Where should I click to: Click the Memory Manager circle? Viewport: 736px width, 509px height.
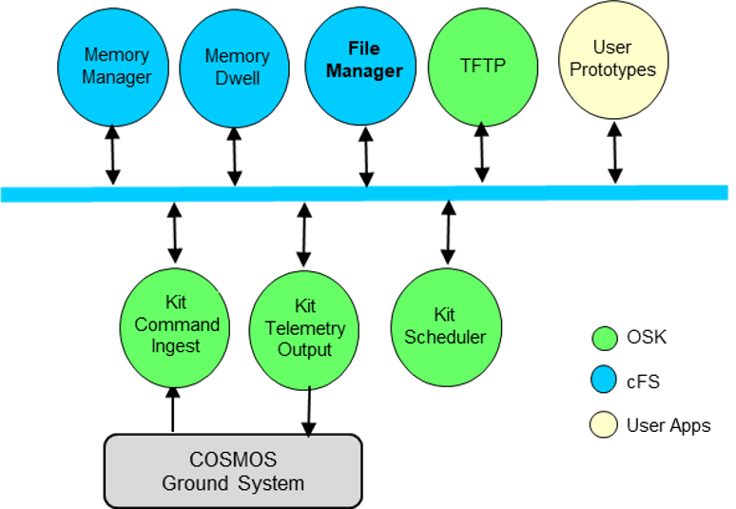tap(113, 66)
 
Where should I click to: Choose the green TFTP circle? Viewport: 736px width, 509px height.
tap(483, 66)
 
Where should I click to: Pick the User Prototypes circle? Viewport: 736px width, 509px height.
tap(612, 59)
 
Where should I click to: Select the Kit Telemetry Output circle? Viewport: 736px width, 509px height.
tap(304, 329)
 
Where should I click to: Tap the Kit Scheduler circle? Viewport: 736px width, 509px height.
tap(445, 325)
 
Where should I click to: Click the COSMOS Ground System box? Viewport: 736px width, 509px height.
tap(233, 471)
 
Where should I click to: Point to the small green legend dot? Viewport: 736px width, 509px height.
tap(604, 338)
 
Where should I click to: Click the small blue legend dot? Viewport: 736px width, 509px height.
tap(604, 380)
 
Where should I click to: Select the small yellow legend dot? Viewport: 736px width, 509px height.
tap(604, 424)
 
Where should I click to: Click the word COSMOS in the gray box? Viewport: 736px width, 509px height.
tap(232, 460)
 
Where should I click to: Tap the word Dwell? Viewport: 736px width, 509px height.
tap(238, 78)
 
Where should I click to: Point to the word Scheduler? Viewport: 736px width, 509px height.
tap(445, 338)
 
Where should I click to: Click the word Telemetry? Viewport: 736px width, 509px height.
tap(305, 328)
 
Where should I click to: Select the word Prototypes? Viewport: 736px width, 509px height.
tap(612, 69)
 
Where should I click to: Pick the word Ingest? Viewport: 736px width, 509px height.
tap(176, 346)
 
